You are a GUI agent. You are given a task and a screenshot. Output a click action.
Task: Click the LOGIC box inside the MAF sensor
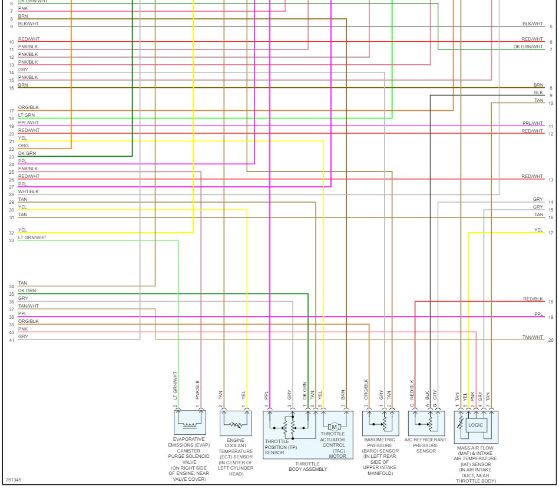click(x=475, y=424)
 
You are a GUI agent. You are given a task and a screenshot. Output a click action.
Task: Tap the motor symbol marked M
click(x=334, y=426)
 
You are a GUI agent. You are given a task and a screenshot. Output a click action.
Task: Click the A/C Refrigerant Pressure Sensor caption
click(x=426, y=443)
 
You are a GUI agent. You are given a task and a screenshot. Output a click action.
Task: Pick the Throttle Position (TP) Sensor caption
click(x=281, y=447)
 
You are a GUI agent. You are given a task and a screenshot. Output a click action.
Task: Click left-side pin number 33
click(x=11, y=241)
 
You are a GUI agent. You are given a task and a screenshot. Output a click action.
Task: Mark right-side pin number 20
click(x=551, y=340)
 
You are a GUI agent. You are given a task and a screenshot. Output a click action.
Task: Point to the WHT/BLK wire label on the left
click(x=28, y=191)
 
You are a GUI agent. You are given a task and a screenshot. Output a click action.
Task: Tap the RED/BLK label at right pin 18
click(x=533, y=299)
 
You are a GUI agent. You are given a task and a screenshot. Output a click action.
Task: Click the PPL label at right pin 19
click(x=538, y=315)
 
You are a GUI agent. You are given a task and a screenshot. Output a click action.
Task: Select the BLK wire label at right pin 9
click(x=538, y=93)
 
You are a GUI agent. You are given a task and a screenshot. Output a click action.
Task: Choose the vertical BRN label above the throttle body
click(x=343, y=395)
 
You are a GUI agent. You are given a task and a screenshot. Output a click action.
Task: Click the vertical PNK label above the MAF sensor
click(x=472, y=396)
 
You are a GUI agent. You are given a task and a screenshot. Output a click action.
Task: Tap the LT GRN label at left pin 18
click(x=27, y=115)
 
